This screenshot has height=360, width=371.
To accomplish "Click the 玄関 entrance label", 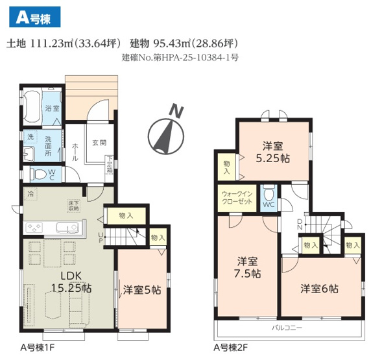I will pyautogui.click(x=99, y=143).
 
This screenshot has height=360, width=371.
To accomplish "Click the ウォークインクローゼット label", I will pyautogui.click(x=237, y=197).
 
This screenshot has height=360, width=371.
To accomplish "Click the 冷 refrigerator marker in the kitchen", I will pyautogui.click(x=30, y=194).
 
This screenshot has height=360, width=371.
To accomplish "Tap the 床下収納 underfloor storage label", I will pyautogui.click(x=73, y=206).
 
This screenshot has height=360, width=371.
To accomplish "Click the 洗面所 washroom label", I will pyautogui.click(x=51, y=143).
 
